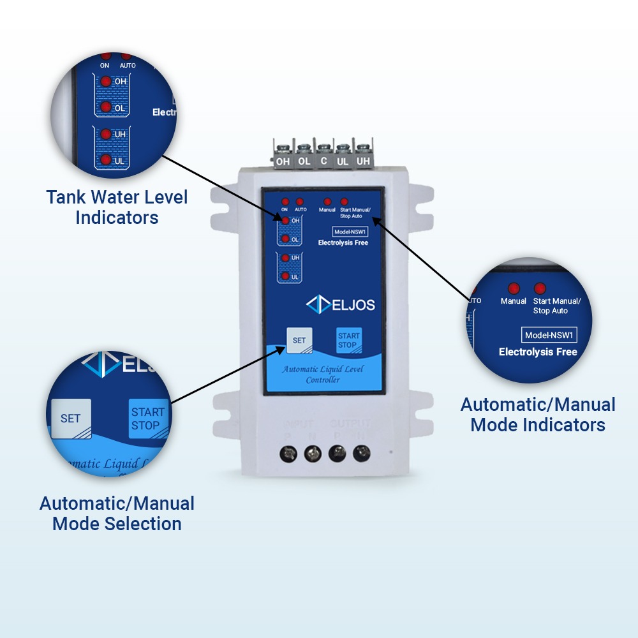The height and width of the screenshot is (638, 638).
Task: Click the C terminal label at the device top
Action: (323, 161)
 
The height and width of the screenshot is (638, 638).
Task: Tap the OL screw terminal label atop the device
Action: (304, 161)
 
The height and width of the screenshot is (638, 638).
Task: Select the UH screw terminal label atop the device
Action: (362, 161)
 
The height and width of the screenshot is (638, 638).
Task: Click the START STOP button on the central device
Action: (348, 340)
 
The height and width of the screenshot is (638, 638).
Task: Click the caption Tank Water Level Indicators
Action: (117, 207)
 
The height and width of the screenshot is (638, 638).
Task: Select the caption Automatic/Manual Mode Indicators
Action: (538, 414)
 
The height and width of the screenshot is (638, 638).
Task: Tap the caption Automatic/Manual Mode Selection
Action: (117, 514)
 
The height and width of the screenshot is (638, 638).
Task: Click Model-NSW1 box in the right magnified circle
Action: (550, 335)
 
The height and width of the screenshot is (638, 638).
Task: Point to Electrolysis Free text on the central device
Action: (343, 242)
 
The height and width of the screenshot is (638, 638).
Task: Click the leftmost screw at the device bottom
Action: (288, 453)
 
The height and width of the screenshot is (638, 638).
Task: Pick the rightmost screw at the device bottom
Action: (361, 453)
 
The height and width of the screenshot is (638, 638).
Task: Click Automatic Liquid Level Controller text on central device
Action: (323, 375)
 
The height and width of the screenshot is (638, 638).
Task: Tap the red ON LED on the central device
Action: (285, 202)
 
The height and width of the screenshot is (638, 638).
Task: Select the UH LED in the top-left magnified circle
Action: (105, 134)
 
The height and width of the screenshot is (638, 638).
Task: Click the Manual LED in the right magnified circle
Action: (513, 288)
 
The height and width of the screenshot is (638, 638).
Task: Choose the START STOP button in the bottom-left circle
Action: (147, 419)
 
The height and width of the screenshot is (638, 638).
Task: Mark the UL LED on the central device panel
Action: (286, 276)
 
